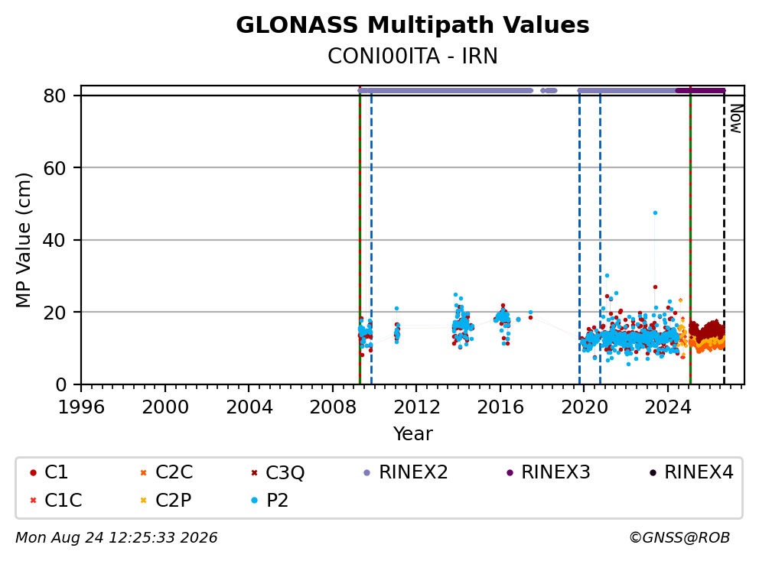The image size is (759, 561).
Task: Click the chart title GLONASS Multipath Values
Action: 412,25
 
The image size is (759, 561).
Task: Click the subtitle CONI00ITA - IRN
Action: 412,57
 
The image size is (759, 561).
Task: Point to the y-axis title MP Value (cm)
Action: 23,240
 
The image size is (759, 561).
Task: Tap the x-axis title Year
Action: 412,434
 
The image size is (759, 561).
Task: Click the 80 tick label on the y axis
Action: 54,96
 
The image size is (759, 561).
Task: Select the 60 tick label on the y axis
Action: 54,168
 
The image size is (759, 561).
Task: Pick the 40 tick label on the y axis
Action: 54,240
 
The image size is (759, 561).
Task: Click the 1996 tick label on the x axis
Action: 81,407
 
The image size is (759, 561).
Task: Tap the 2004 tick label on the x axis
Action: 249,407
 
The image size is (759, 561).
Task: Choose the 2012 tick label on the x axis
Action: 416,407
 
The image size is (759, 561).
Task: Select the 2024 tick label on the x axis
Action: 667,407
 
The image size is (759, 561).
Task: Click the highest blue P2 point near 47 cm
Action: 655,212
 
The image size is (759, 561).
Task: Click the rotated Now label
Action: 736,119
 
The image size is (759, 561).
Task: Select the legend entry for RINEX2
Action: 406,472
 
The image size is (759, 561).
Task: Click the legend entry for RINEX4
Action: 691,472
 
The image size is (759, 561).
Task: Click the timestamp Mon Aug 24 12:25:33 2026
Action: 116,538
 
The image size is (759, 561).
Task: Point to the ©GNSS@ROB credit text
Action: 679,538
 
